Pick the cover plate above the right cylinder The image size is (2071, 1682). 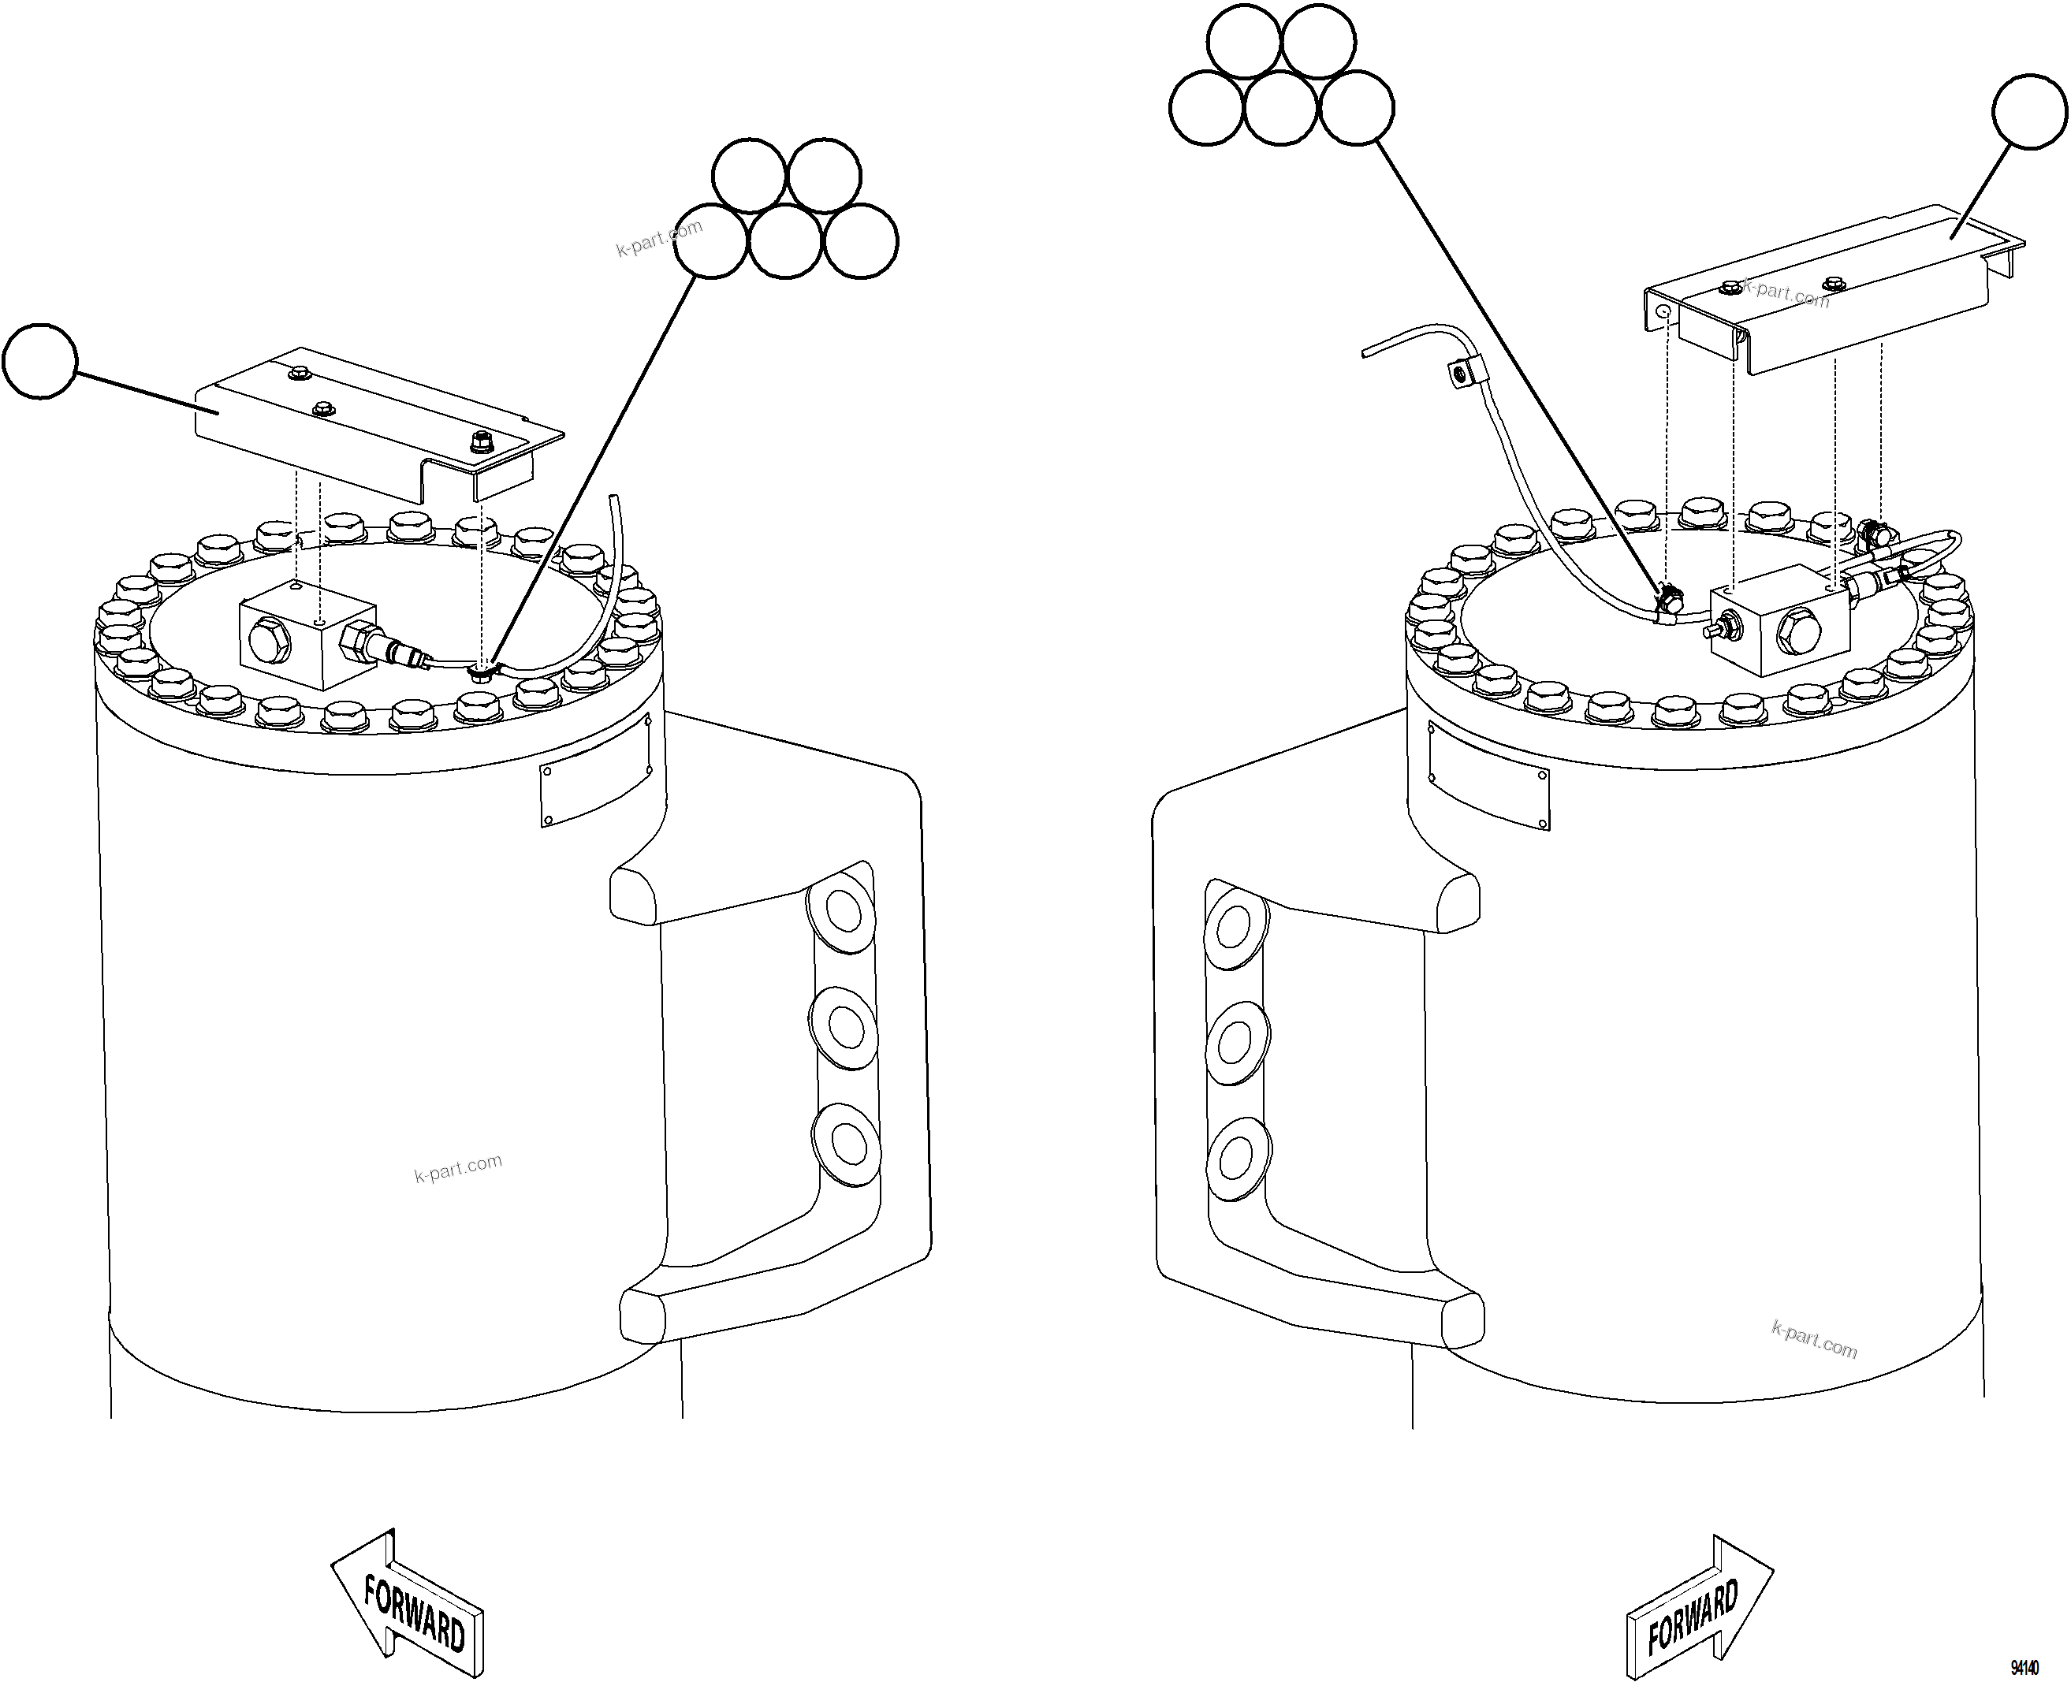1831,291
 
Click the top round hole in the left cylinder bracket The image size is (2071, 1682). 843,912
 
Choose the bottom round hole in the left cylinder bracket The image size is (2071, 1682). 848,1144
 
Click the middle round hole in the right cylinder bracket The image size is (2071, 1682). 1235,1041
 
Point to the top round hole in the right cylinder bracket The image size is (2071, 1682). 1234,928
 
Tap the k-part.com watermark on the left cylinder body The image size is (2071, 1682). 458,1168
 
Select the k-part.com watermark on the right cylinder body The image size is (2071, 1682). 1813,1341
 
